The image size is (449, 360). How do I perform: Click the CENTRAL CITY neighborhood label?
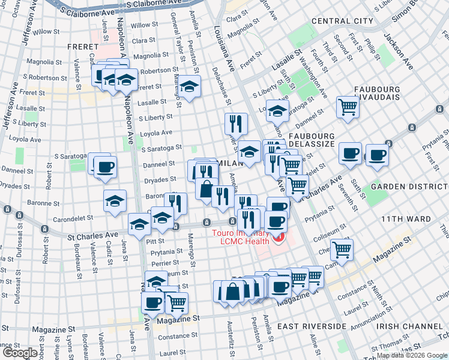342,21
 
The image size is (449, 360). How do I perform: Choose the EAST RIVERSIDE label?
312,326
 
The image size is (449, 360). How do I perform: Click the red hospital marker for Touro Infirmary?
278,239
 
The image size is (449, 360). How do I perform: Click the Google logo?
20,353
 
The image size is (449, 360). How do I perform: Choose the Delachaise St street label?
221,85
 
